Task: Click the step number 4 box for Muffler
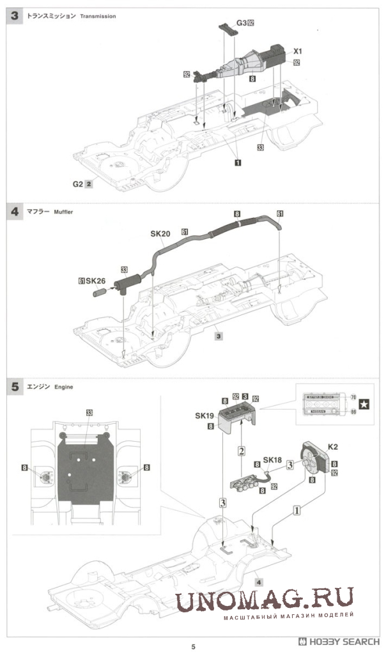coord(14,211)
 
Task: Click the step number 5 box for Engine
coord(14,386)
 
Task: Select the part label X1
coord(298,50)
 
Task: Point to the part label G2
coord(78,183)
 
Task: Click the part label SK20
coord(160,234)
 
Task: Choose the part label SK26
coord(95,281)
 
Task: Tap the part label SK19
coord(205,416)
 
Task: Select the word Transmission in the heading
coord(98,16)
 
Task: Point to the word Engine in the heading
coord(65,387)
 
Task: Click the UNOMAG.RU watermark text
coord(265,602)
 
